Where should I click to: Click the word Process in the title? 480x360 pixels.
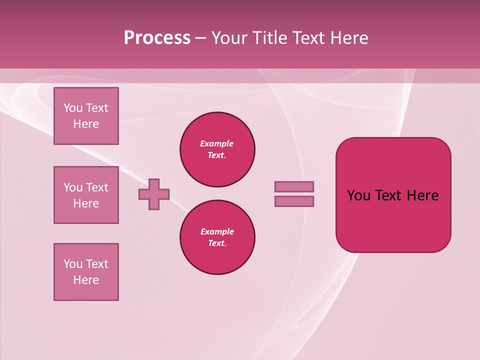tap(157, 38)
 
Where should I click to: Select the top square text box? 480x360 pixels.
tap(86, 116)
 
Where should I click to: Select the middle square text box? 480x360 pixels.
tap(86, 195)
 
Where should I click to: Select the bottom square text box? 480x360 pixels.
tap(86, 272)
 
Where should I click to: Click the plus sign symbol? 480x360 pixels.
tap(154, 194)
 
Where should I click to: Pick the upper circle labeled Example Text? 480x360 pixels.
tap(217, 149)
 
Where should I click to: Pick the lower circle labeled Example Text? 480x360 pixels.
tap(217, 237)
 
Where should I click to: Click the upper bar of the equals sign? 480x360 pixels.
tap(294, 186)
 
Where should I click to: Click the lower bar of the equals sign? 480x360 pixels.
tap(294, 201)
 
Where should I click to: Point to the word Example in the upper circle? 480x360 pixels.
tap(217, 143)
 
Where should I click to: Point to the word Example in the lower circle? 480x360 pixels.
tap(217, 231)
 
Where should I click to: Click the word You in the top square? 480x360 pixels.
tap(73, 108)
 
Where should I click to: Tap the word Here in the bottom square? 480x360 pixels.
tap(86, 280)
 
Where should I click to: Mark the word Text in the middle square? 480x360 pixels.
tap(96, 187)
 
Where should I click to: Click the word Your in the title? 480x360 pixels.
tap(229, 38)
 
